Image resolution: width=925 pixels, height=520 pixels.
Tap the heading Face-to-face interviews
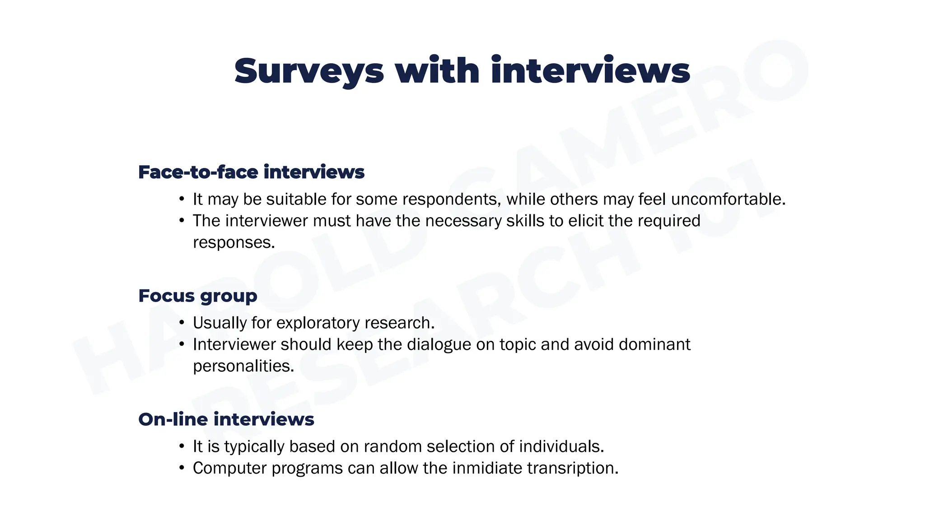point(251,172)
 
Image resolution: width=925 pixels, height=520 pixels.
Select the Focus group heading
point(198,296)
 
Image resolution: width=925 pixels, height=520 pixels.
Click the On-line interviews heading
point(226,419)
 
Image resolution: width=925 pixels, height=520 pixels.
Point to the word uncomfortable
point(728,199)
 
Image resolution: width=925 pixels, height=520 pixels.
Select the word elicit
point(586,221)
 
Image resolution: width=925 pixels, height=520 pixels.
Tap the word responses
point(234,242)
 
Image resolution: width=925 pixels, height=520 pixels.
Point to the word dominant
point(654,344)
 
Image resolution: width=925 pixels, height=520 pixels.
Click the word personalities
point(243,366)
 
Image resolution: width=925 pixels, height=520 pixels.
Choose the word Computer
point(229,468)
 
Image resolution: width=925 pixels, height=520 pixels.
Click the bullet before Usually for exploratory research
point(182,323)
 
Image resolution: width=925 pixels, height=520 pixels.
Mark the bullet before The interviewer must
point(182,221)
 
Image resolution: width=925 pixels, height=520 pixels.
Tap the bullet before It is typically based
point(182,446)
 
